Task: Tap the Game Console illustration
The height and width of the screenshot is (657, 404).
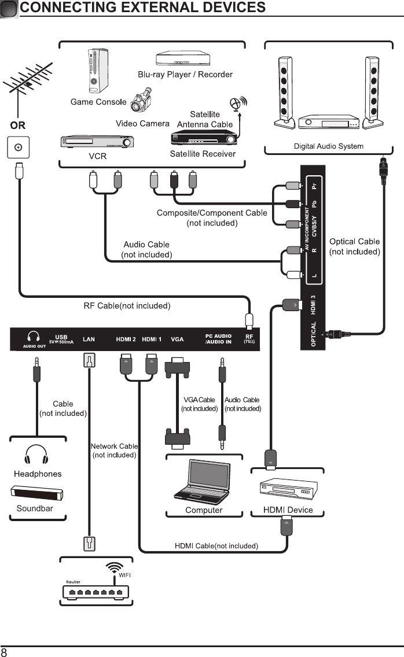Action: click(x=96, y=71)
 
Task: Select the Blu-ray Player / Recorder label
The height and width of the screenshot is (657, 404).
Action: click(x=185, y=75)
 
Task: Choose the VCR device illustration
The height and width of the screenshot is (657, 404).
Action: click(x=97, y=142)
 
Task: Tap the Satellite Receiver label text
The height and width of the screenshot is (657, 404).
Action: click(x=203, y=154)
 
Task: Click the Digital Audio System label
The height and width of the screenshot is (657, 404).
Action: click(x=328, y=146)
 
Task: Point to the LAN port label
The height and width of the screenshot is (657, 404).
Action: click(x=89, y=339)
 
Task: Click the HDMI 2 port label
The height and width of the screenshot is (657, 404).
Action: click(x=126, y=339)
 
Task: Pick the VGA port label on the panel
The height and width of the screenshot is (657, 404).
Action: click(x=177, y=339)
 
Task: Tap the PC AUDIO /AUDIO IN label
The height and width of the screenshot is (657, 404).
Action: click(x=218, y=339)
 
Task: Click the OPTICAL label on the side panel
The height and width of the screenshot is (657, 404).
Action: click(x=314, y=335)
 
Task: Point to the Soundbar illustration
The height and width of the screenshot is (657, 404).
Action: click(x=37, y=494)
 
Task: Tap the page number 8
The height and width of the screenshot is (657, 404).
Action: click(x=5, y=652)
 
